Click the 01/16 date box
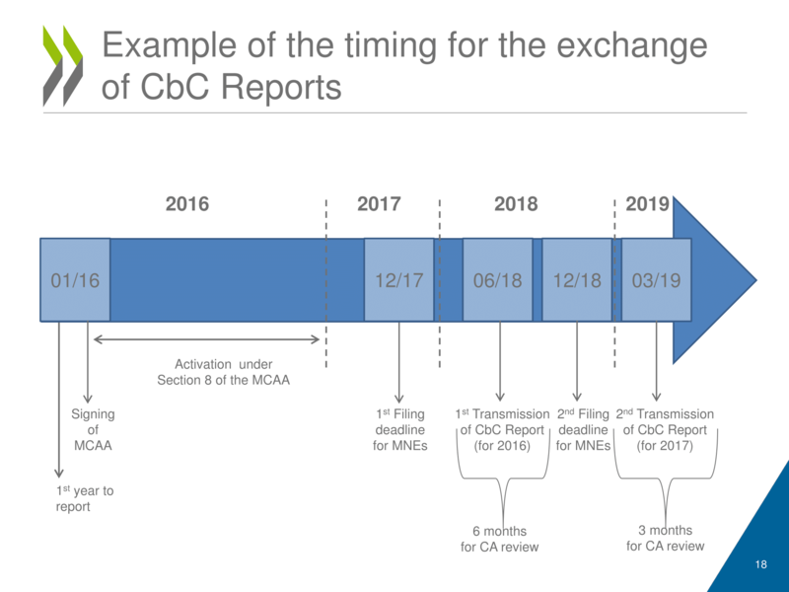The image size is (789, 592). [x=75, y=280]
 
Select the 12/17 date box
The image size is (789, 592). [x=399, y=280]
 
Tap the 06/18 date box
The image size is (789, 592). [x=498, y=280]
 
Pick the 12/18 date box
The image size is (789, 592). [x=577, y=280]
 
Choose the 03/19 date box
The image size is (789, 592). [x=656, y=280]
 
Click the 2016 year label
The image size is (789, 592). [x=187, y=204]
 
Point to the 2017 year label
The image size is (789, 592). [x=379, y=204]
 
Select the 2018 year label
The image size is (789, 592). [x=516, y=204]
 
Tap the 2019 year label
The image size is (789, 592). [x=648, y=204]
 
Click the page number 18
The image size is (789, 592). [x=760, y=564]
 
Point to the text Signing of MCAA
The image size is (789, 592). [x=93, y=430]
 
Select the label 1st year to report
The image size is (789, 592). [x=85, y=498]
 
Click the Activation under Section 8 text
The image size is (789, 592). [x=224, y=372]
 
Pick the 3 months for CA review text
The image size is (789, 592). [x=666, y=538]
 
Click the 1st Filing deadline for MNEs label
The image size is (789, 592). [x=400, y=430]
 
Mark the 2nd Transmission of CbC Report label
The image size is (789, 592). [x=666, y=430]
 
